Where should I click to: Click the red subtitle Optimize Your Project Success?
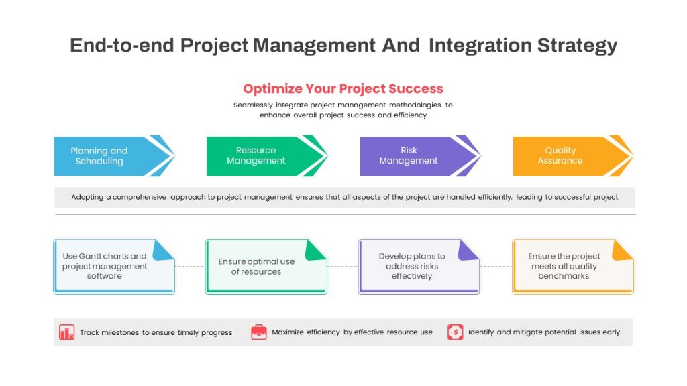[x=343, y=89]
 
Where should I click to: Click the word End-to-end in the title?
[x=122, y=45]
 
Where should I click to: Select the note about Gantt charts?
[x=114, y=267]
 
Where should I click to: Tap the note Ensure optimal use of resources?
[x=266, y=267]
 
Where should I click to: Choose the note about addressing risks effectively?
[x=419, y=267]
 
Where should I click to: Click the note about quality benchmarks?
[x=573, y=267]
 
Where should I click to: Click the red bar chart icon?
[x=66, y=332]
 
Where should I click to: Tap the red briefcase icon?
[x=259, y=332]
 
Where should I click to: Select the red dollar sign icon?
[x=456, y=332]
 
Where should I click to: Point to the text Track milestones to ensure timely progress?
[x=156, y=332]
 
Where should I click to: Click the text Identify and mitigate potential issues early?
[x=544, y=332]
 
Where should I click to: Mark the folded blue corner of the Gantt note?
[x=163, y=251]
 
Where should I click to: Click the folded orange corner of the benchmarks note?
[x=622, y=251]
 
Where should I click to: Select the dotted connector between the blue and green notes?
[x=190, y=267]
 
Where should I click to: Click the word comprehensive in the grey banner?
[x=140, y=198]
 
